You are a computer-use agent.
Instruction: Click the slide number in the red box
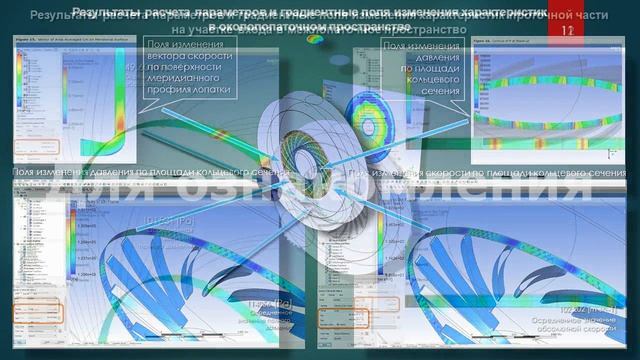tap(568, 31)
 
